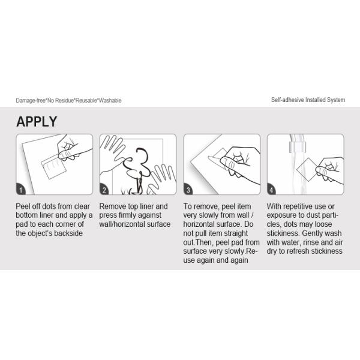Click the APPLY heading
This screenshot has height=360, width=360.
click(37, 121)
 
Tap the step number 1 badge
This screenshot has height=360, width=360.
click(21, 190)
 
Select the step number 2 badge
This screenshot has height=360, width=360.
click(104, 190)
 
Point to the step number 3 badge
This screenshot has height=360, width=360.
click(188, 190)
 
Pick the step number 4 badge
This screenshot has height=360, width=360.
click(272, 190)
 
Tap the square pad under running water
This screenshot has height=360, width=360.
click(308, 169)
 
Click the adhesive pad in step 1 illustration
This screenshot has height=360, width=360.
click(53, 167)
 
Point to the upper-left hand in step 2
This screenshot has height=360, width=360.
click(113, 152)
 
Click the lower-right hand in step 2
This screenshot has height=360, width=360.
click(162, 178)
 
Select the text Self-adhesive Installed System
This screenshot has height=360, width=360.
click(308, 100)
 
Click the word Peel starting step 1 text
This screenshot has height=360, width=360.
click(22, 206)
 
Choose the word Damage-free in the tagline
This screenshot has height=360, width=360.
click(31, 101)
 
